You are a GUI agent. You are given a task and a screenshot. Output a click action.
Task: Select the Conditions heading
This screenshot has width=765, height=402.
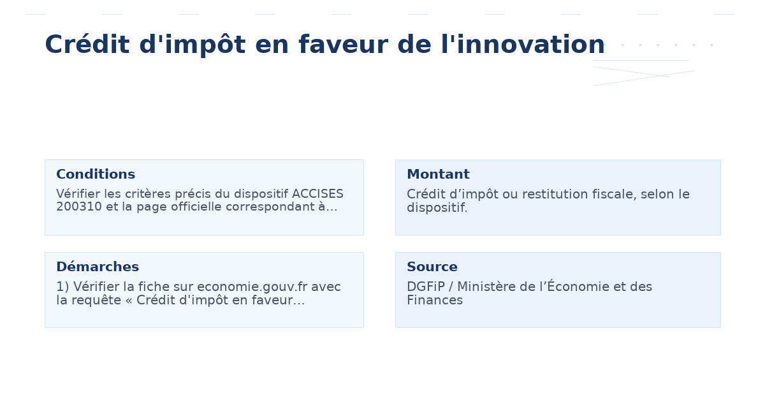[x=96, y=175]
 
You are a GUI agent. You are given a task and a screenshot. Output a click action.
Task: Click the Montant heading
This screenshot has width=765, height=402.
[x=438, y=175]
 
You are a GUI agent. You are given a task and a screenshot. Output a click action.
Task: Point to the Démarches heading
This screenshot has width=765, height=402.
[x=98, y=267]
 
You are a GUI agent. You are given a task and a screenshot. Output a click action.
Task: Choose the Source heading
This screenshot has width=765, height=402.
[x=432, y=267]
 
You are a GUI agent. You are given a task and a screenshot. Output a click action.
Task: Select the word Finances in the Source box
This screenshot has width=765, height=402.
[x=435, y=300]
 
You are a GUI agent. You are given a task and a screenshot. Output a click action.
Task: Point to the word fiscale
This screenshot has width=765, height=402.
[x=608, y=195]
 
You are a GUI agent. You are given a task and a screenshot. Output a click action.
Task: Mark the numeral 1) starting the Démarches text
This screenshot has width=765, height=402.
[x=62, y=287]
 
